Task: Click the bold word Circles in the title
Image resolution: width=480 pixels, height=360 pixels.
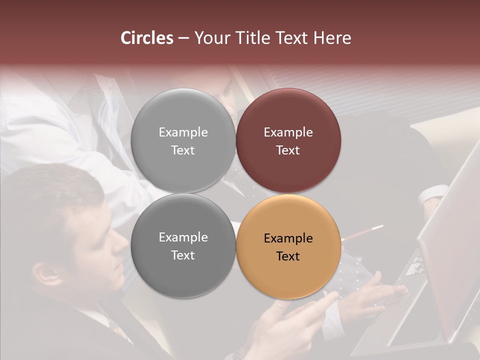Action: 147,38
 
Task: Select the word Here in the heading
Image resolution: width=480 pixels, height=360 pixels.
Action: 332,38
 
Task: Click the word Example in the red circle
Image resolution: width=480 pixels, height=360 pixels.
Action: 288,132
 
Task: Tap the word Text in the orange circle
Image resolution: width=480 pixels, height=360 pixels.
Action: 288,256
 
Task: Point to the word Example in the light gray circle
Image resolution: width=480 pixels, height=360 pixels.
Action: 183,132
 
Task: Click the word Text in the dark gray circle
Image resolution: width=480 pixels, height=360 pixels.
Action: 183,255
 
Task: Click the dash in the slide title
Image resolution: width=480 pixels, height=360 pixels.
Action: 183,38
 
